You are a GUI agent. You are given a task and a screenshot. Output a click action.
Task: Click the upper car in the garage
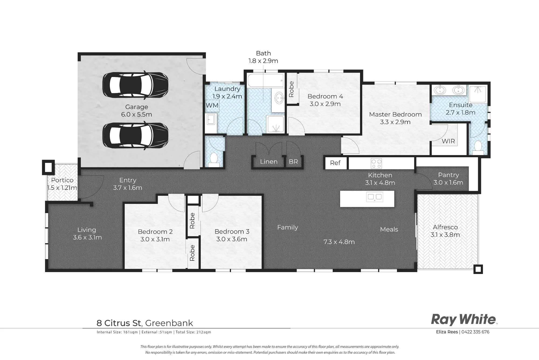coord(136,85)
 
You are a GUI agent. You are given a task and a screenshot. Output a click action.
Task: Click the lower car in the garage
coord(136,135)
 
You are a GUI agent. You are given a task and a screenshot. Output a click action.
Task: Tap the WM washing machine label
coord(212,105)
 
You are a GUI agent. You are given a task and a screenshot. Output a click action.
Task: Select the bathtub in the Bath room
coord(265,80)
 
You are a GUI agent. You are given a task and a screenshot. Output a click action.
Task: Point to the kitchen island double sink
coord(375,197)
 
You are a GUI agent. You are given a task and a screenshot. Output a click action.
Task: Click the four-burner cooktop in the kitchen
coord(376,163)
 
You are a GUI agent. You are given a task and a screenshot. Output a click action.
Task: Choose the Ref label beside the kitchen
coord(335,163)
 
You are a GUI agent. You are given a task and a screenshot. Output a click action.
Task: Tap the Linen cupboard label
coord(269,162)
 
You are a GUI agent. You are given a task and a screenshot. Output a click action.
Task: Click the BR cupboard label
coord(293,162)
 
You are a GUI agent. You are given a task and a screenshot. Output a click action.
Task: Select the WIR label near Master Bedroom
coord(448,141)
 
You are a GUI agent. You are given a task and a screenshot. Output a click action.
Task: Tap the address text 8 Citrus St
coord(119,323)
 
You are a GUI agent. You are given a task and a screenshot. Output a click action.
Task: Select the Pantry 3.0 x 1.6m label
coord(448,179)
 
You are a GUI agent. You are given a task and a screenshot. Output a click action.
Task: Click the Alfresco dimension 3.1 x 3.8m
coord(445,235)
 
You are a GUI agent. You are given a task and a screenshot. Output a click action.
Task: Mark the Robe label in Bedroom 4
coord(291,89)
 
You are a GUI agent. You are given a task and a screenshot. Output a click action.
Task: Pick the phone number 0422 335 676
coord(475,332)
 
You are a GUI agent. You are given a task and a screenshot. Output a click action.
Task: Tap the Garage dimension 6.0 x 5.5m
coord(137,114)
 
